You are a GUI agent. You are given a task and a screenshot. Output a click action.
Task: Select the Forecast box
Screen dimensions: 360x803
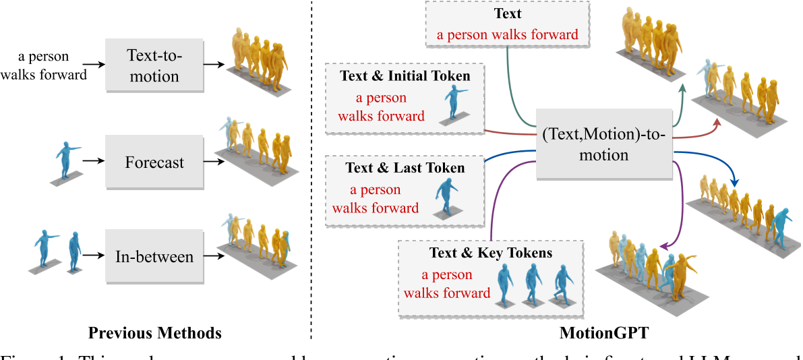click(x=154, y=162)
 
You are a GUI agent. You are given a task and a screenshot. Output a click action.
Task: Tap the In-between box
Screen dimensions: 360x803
click(x=154, y=257)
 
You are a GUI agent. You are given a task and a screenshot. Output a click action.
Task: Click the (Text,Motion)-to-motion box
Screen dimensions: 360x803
click(x=603, y=145)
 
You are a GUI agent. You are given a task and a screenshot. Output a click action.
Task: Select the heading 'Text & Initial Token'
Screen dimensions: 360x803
click(x=405, y=76)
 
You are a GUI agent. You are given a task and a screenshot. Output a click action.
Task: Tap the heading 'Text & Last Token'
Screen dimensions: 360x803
click(x=405, y=167)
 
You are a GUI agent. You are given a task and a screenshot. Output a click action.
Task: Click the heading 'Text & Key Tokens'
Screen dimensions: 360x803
click(x=490, y=253)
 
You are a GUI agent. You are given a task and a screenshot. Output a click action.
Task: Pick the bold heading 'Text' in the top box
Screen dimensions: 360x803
click(x=507, y=13)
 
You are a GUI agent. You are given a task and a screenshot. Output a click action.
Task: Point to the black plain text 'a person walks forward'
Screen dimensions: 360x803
click(x=43, y=66)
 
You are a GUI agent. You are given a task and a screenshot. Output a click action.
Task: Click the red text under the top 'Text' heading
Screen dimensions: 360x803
click(x=507, y=34)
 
